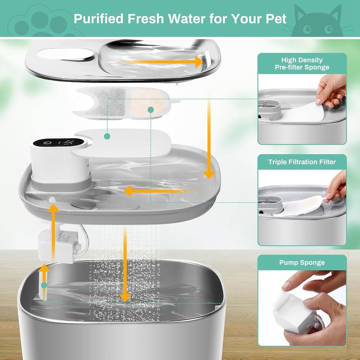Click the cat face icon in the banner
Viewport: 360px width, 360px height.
pos(316,22)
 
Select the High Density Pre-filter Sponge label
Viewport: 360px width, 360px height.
pos(302,64)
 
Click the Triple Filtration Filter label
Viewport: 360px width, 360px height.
pos(302,162)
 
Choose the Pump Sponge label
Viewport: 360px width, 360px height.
pos(302,263)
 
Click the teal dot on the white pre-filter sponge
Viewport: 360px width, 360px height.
pos(106,136)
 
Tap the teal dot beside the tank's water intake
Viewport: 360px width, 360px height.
pos(44,285)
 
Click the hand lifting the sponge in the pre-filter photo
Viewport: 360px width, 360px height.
pos(331,90)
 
